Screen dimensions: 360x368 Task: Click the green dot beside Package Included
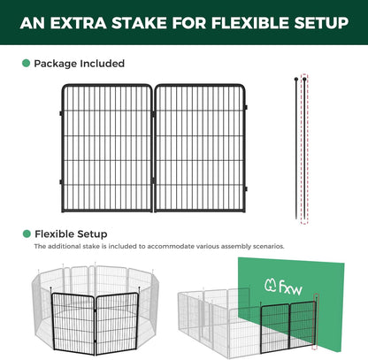pyautogui.click(x=26, y=64)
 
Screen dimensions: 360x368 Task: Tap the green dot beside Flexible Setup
pyautogui.click(x=26, y=234)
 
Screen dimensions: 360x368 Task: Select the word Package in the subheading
pyautogui.click(x=56, y=64)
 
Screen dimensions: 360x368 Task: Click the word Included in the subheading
pyautogui.click(x=103, y=64)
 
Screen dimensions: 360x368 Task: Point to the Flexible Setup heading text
pyautogui.click(x=69, y=234)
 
